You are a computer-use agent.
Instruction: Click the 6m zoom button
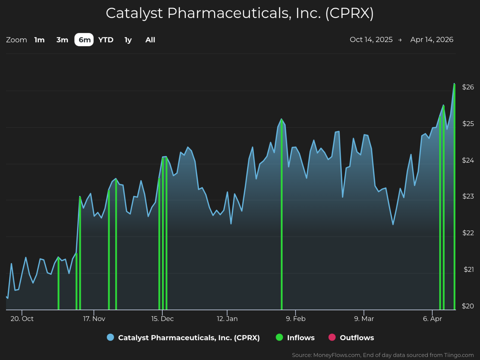(84, 40)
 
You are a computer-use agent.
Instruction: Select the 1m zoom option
(39, 40)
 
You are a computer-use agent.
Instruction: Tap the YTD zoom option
(106, 40)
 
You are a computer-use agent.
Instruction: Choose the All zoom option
(150, 40)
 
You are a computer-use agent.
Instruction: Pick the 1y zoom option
(128, 40)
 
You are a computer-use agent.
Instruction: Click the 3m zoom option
(62, 40)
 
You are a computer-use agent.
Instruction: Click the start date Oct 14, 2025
(371, 40)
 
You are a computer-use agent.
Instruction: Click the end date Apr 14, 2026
(432, 40)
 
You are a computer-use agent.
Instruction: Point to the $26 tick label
(468, 87)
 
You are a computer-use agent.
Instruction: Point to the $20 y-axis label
(468, 306)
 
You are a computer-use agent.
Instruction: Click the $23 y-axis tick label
(468, 196)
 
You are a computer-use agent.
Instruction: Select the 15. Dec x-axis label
(162, 319)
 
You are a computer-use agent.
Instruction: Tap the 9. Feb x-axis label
(296, 319)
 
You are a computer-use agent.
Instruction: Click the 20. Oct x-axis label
(22, 319)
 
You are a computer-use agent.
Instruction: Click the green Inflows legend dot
(279, 338)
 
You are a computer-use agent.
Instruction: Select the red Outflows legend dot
(332, 338)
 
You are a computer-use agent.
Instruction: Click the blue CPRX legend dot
(110, 338)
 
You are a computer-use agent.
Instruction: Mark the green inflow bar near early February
(282, 217)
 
